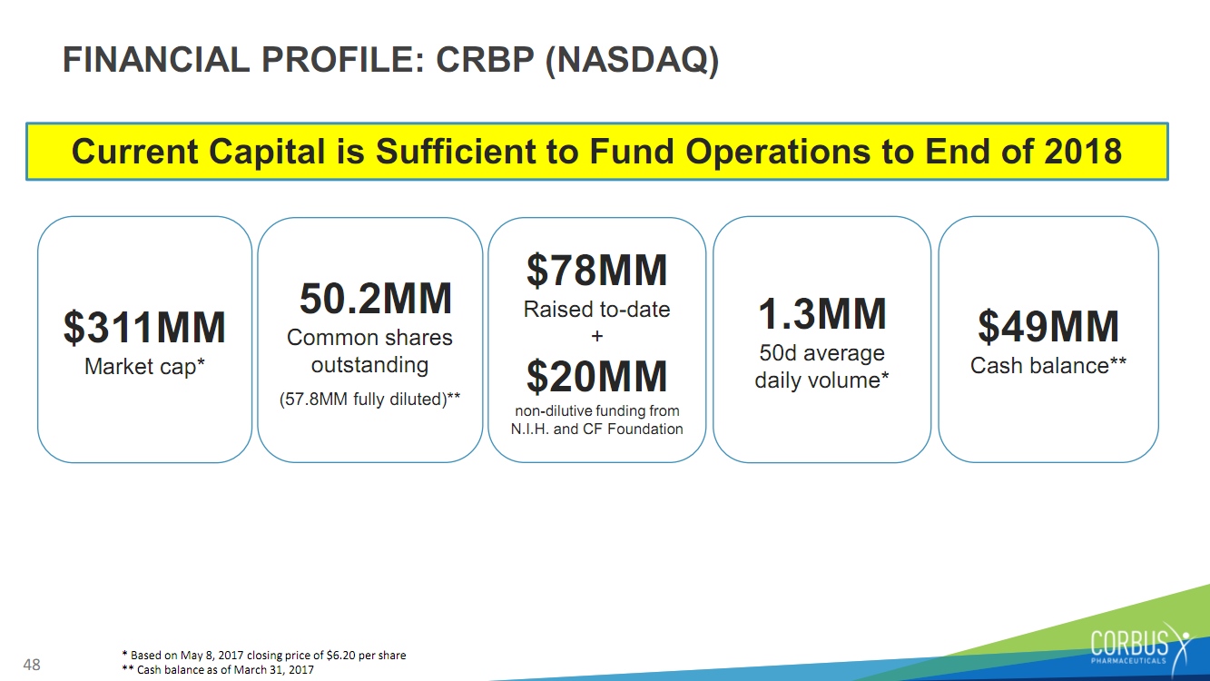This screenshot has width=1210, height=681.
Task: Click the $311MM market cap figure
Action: tap(144, 328)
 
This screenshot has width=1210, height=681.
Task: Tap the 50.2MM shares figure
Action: tap(376, 299)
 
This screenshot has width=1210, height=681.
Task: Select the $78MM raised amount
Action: tap(597, 271)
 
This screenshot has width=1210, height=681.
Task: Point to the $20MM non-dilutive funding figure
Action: tap(597, 377)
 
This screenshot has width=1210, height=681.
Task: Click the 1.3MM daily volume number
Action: tap(822, 313)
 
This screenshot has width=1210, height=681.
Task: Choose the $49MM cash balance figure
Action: tap(1048, 327)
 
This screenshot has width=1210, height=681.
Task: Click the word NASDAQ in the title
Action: tap(633, 59)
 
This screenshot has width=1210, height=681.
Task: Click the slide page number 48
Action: tap(32, 665)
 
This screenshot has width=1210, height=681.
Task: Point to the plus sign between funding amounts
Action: tap(597, 336)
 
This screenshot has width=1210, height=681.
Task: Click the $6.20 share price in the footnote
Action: tap(340, 655)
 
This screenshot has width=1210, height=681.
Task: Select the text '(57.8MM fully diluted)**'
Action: tap(370, 400)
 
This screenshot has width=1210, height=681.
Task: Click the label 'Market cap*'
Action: tap(144, 367)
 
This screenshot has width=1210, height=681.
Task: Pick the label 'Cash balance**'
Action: tap(1048, 365)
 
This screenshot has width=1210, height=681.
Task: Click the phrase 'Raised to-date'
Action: tap(597, 310)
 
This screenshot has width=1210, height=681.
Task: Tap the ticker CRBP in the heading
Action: tap(485, 59)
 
